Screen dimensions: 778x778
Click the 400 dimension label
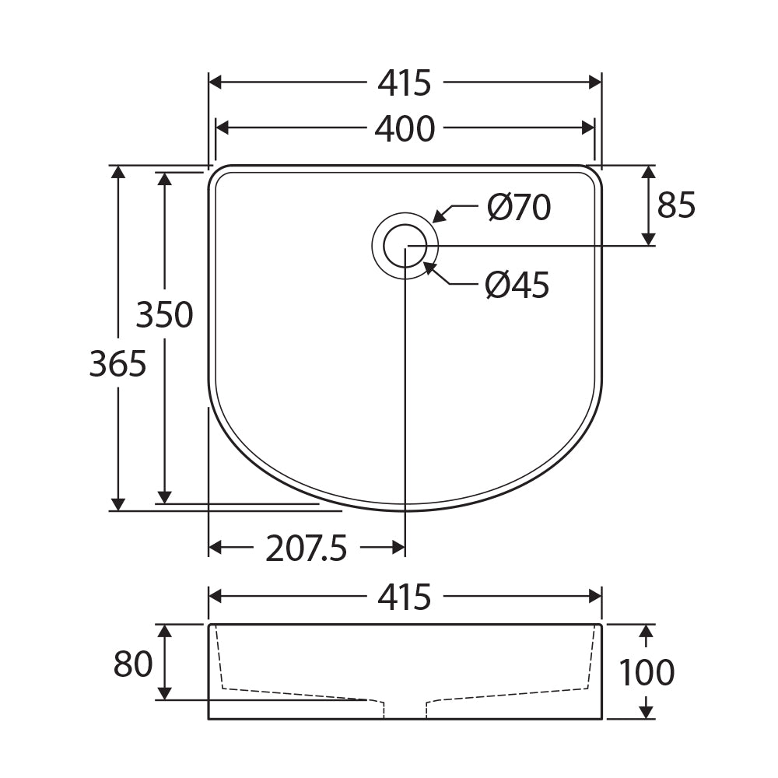point(405,129)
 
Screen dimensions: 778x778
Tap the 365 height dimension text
point(118,363)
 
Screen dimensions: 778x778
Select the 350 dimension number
point(165,314)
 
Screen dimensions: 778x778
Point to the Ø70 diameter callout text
point(518,208)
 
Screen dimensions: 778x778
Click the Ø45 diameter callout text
point(517,285)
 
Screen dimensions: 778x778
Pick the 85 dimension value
point(676,205)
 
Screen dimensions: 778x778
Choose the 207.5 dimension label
point(306,548)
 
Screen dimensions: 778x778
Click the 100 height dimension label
point(647,672)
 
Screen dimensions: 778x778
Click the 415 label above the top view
point(405,83)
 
